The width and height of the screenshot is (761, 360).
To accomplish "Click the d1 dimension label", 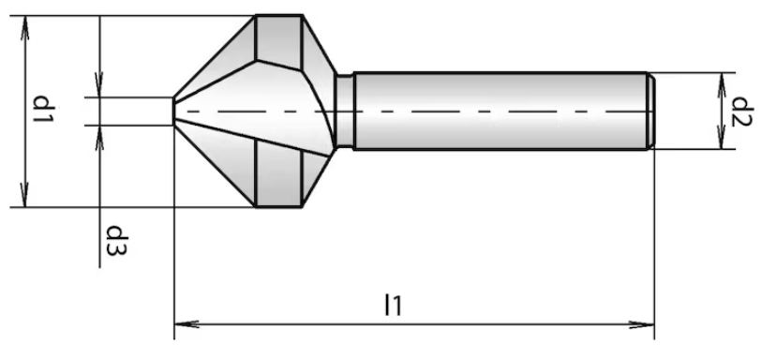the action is (x=42, y=109).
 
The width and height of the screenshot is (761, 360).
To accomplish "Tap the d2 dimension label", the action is (x=741, y=112).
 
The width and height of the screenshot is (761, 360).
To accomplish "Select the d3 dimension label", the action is (x=116, y=241).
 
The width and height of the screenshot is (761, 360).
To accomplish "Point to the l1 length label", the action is (x=393, y=306).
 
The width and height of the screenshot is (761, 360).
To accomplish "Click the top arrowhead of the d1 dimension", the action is (x=25, y=28).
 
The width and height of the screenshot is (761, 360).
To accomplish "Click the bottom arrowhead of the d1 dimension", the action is (x=25, y=195).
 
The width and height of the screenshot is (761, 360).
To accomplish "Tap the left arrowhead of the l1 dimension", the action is (x=187, y=323).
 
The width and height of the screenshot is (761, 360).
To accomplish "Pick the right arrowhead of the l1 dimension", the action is (x=642, y=324).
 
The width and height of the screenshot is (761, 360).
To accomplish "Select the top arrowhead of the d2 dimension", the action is (x=722, y=85).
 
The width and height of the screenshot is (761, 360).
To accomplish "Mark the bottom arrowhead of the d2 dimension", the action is (x=722, y=137).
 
